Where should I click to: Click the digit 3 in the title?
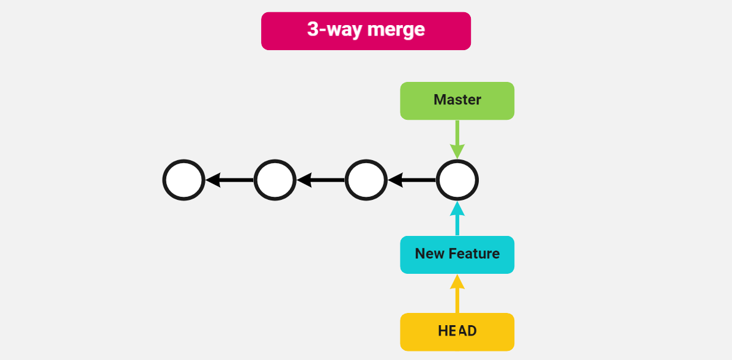coord(312,29)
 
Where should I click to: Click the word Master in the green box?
coord(457,100)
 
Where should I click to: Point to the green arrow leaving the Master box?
coord(457,134)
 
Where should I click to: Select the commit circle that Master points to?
coord(457,180)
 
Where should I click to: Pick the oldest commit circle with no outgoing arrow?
coord(183,180)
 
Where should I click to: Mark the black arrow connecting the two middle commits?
coord(320,180)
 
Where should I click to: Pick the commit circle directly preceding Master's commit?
coord(366,180)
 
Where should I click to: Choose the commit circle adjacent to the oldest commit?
coord(275,180)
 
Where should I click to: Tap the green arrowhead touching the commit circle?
coord(457,152)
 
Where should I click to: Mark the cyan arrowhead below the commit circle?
coord(457,209)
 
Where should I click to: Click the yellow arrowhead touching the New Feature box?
coord(457,282)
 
